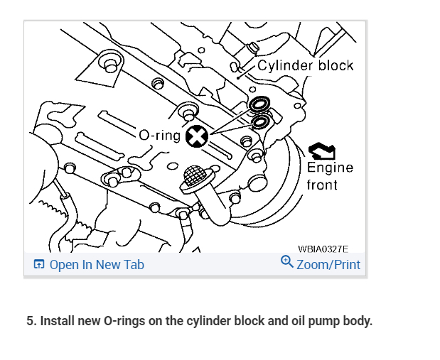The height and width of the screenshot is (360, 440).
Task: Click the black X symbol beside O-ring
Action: pos(196,136)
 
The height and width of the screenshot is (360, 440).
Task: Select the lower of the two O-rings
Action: pos(259,121)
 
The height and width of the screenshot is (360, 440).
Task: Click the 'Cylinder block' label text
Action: pos(305,65)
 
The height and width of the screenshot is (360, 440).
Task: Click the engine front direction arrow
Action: pos(322,150)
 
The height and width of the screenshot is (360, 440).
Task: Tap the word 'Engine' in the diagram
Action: pos(329,168)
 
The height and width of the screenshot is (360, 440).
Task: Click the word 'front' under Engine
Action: pos(322,185)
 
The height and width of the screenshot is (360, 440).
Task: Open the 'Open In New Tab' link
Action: pos(96,265)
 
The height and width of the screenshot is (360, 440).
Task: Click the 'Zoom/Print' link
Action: pos(328,265)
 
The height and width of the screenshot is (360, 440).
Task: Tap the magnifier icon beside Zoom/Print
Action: pos(287,263)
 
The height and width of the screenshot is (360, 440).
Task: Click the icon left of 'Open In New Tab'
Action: pos(38,265)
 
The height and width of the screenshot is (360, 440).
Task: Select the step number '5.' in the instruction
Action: pos(31,321)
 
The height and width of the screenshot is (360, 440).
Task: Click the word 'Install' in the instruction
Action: pos(56,321)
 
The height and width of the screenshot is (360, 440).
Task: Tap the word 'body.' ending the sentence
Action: pos(357,321)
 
